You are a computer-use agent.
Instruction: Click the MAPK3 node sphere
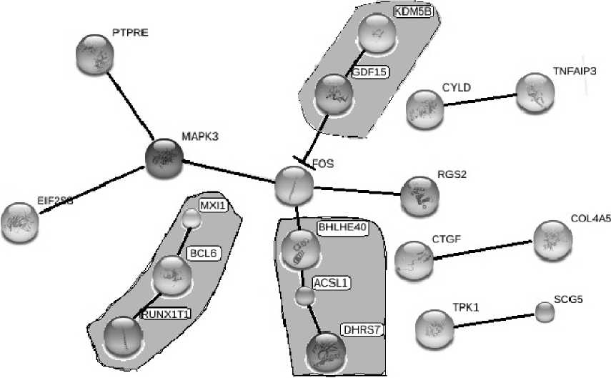point(165,158)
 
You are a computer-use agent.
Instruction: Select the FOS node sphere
point(294,185)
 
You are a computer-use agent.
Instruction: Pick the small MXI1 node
point(190,218)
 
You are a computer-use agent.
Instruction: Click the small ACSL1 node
point(306,295)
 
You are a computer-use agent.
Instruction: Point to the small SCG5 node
point(545,312)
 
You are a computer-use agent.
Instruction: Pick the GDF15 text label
point(369,72)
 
